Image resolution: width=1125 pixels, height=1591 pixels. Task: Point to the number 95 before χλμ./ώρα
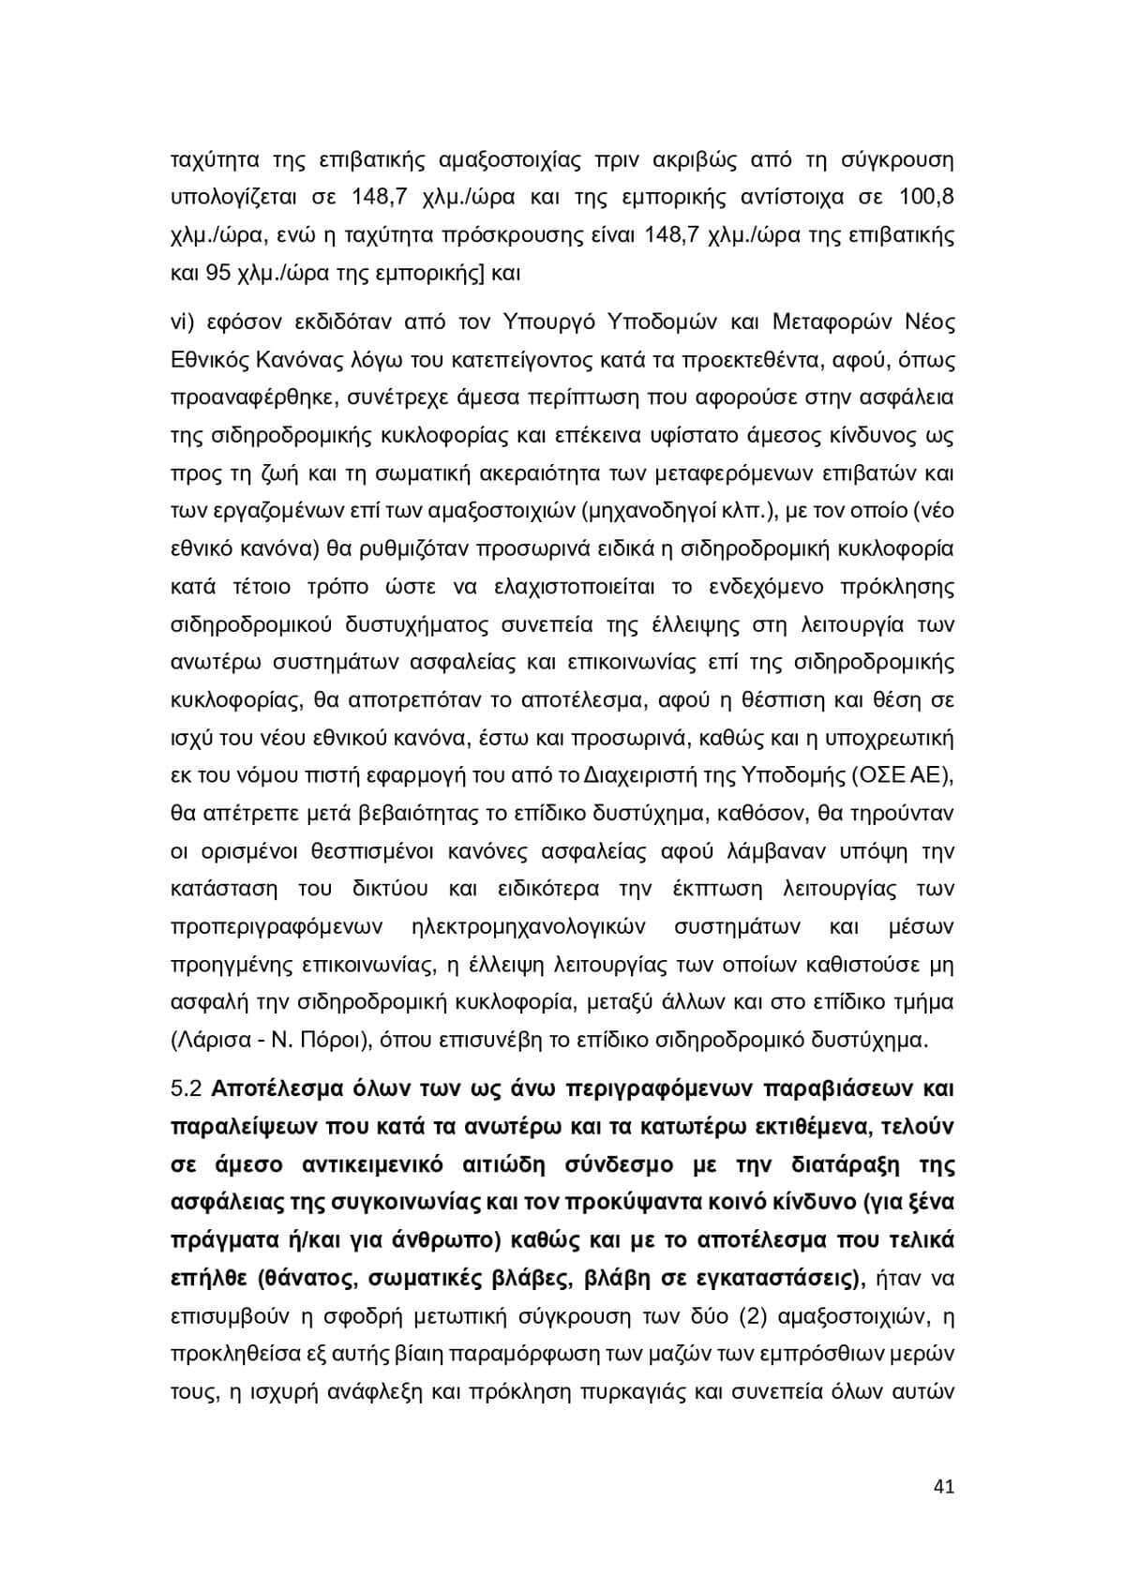pos(217,274)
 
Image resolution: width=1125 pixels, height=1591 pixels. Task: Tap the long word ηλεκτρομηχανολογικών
pos(527,926)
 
